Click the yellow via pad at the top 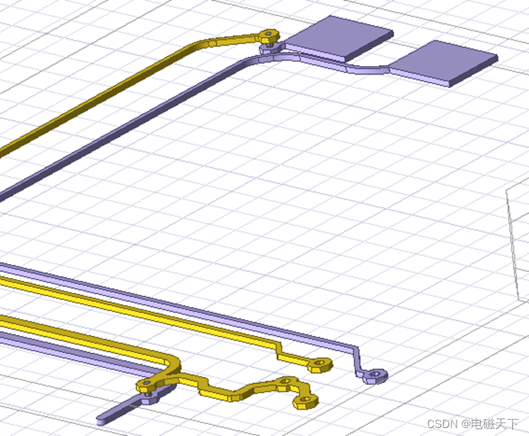coord(269,33)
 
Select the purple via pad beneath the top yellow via coord(267,48)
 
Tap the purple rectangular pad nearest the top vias coord(342,38)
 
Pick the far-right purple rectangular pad coord(445,62)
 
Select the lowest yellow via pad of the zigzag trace coord(306,402)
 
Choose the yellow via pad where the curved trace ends coord(145,386)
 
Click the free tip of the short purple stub coord(101,421)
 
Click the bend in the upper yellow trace coord(201,44)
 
